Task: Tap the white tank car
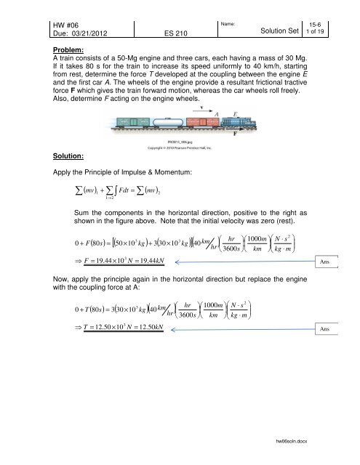(x=168, y=121)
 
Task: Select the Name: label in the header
(x=233, y=7)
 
